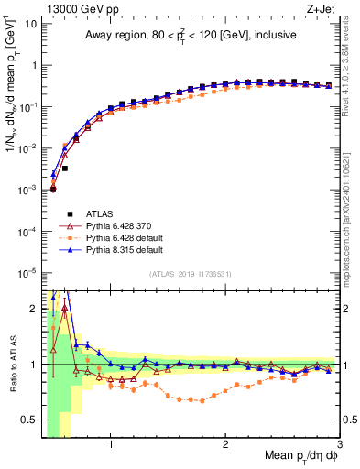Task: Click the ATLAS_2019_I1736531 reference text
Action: [190, 274]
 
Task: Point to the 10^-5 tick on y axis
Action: [27, 272]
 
